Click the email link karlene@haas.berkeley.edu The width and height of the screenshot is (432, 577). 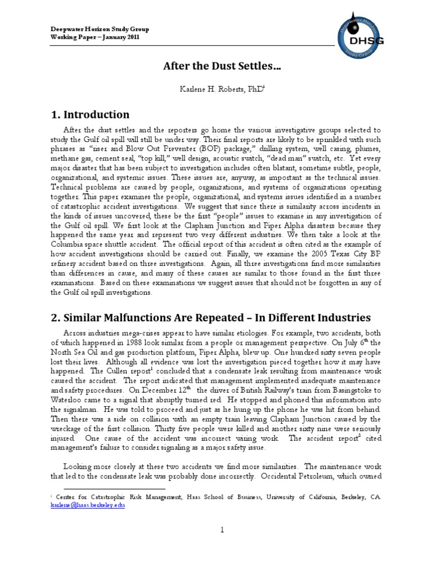[88, 505]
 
